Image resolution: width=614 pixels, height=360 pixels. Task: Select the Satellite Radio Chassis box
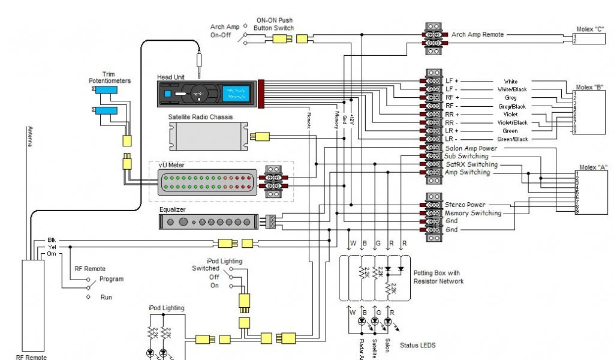pyautogui.click(x=208, y=137)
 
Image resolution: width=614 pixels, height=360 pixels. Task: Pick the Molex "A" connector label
pyautogui.click(x=592, y=167)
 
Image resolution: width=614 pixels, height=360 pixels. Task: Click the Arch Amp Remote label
pyautogui.click(x=477, y=35)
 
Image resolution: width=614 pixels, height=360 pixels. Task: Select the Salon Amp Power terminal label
pyautogui.click(x=471, y=148)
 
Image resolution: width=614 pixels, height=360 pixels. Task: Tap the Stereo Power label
pyautogui.click(x=465, y=205)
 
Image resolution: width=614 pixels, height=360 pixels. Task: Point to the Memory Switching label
pyautogui.click(x=472, y=213)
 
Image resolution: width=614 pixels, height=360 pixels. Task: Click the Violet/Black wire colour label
pyautogui.click(x=511, y=122)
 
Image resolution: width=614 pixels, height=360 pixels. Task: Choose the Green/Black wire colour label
pyautogui.click(x=511, y=139)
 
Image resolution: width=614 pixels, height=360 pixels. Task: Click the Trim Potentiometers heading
pyautogui.click(x=110, y=77)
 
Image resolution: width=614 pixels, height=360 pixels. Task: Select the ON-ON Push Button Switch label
pyautogui.click(x=275, y=24)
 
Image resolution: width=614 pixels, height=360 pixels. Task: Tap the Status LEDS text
pyautogui.click(x=417, y=346)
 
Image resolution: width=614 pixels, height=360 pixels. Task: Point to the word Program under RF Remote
pyautogui.click(x=112, y=279)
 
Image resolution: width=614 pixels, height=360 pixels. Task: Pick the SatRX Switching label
pyautogui.click(x=471, y=164)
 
